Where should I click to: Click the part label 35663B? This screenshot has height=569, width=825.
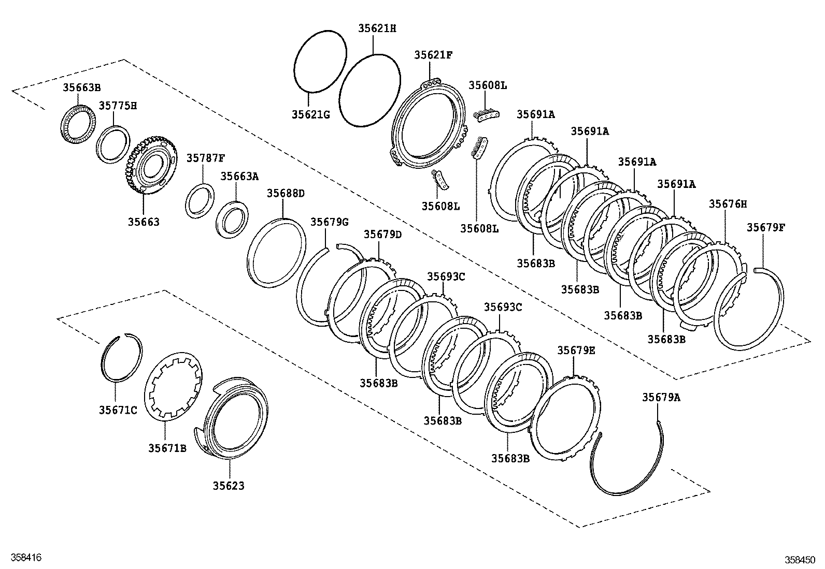tap(82, 87)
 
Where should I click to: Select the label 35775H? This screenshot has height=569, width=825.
tap(118, 106)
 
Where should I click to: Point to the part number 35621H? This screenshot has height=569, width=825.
tap(377, 28)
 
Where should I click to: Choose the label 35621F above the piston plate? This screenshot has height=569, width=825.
tap(433, 55)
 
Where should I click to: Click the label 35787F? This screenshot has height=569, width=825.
tap(206, 158)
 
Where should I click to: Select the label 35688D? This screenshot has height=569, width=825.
tap(286, 194)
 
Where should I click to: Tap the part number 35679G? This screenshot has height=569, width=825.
tap(329, 222)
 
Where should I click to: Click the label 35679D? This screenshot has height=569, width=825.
tap(382, 234)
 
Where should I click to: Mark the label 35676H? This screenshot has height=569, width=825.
tap(728, 204)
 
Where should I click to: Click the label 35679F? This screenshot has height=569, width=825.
tap(766, 227)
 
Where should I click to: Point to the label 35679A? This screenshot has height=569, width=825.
tap(661, 397)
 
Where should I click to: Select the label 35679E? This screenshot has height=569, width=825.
tap(576, 351)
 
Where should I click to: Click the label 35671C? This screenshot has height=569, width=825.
tap(118, 410)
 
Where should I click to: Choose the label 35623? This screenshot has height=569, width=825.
tap(228, 486)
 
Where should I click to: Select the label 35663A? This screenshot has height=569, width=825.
tap(239, 176)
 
